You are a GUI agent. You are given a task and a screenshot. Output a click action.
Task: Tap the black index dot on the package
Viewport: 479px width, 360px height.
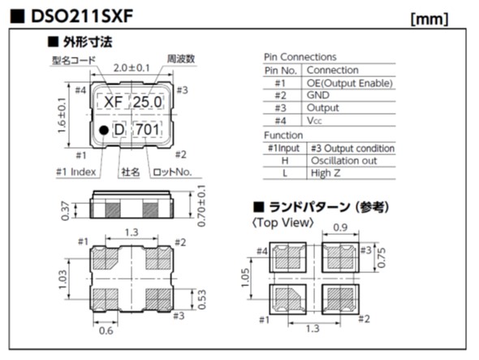tap(103, 130)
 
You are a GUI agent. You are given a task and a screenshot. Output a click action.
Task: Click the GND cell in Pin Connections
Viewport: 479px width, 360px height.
tap(320, 95)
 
